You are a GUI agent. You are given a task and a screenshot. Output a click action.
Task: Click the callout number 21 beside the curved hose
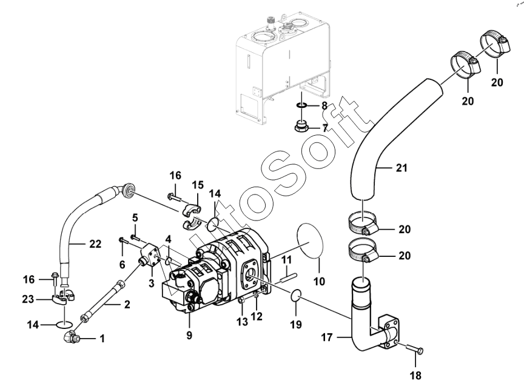coord(401,168)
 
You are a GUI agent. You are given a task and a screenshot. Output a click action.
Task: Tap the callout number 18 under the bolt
coord(415,376)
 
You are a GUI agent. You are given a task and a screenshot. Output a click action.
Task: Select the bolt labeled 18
coord(415,350)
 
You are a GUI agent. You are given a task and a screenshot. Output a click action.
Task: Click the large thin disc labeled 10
coord(310,241)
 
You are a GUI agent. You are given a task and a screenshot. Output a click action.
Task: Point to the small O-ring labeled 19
coord(296,296)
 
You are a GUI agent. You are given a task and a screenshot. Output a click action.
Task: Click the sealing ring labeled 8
coord(301,106)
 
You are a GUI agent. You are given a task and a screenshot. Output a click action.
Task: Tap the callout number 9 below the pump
coord(189,335)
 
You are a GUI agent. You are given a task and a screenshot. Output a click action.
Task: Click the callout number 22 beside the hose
coord(95,244)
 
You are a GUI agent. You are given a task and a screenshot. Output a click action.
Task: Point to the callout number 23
coord(28,299)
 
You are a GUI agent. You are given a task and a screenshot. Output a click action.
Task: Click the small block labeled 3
coord(149,255)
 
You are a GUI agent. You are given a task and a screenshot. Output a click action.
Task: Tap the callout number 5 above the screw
coord(135,218)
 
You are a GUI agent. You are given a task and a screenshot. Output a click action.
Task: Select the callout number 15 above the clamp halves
coord(198,185)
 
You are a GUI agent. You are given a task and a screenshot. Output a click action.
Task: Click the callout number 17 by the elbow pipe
coord(327,337)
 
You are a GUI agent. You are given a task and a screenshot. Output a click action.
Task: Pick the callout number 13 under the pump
coord(242,322)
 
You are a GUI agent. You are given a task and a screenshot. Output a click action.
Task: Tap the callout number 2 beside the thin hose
coord(127,304)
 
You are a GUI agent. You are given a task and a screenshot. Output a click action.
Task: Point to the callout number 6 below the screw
coord(123,265)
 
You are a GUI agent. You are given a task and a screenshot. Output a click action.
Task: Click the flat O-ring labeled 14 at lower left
coord(64,324)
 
